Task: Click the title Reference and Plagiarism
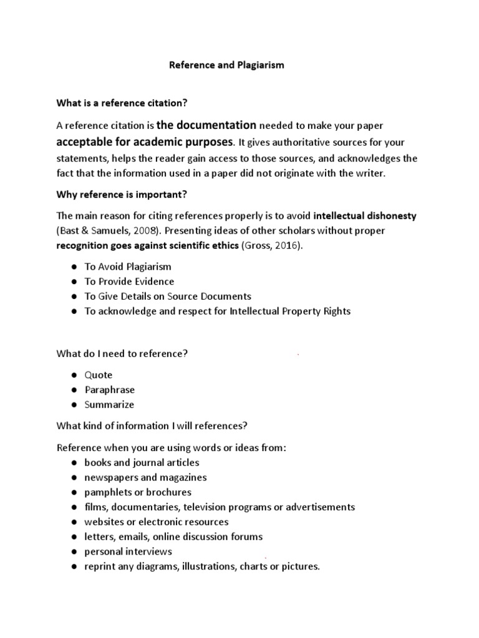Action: tap(227, 65)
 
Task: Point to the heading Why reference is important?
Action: tap(122, 194)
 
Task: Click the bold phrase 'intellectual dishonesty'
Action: tap(365, 216)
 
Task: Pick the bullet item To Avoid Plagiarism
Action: tap(128, 267)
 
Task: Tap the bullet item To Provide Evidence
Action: tap(129, 282)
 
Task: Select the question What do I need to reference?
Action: tap(122, 354)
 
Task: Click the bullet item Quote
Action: tap(99, 375)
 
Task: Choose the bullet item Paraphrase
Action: tap(110, 390)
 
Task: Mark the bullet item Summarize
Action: tap(109, 405)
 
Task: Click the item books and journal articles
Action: tap(142, 462)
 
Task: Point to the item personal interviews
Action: tap(128, 552)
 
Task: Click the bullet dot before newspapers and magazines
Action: tap(74, 478)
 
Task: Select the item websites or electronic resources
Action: tap(157, 522)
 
